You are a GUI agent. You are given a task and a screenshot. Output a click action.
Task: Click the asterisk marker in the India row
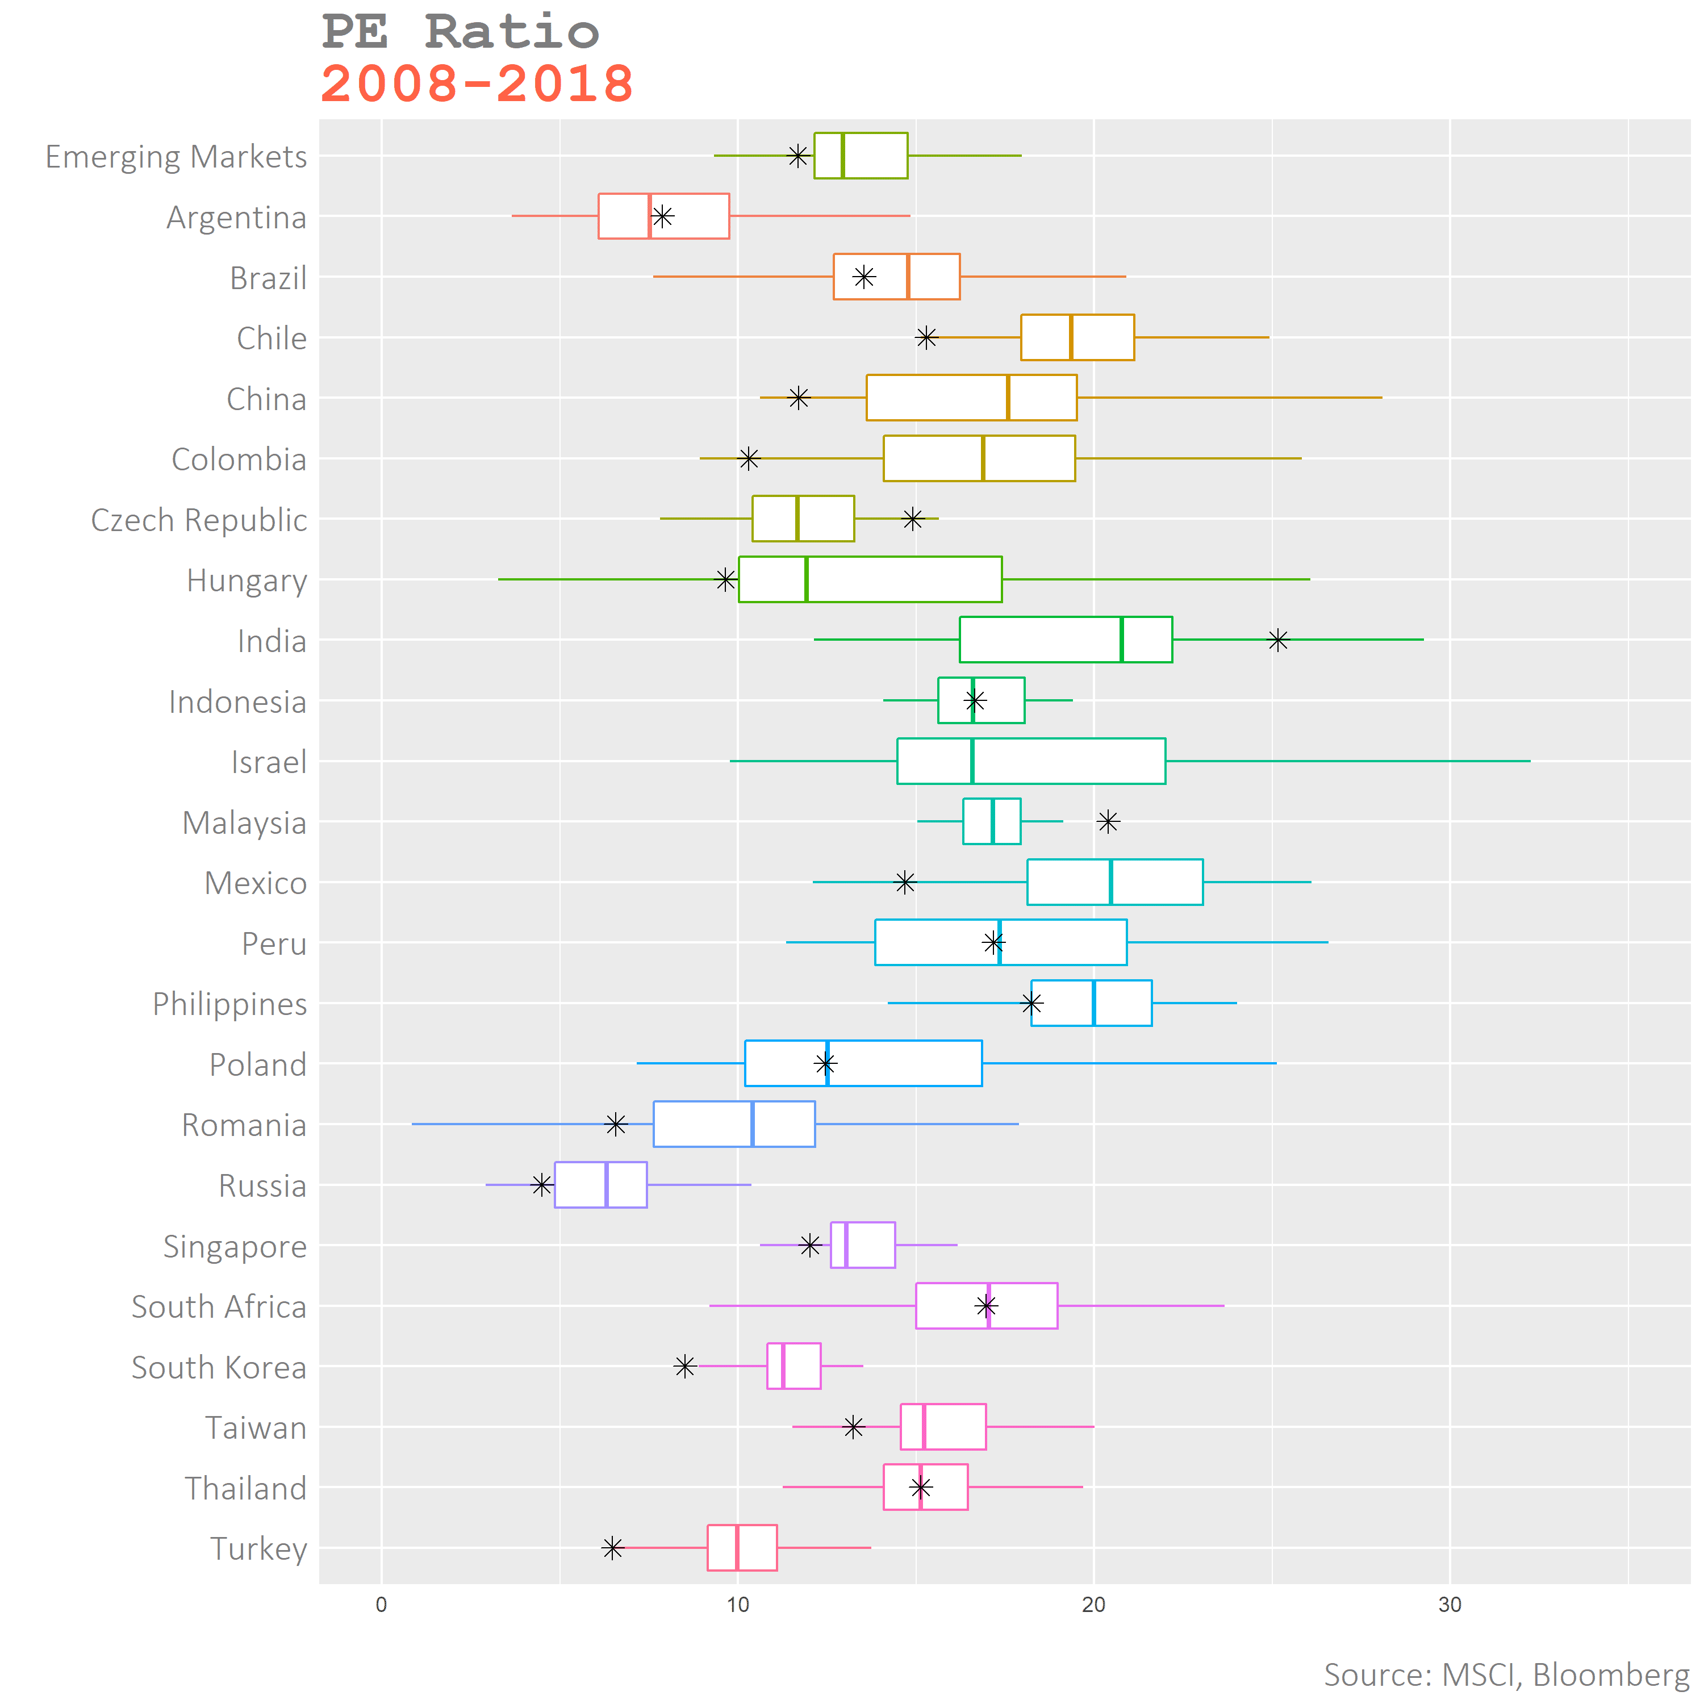(x=1278, y=640)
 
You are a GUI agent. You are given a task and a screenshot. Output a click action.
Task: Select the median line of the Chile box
(x=1071, y=337)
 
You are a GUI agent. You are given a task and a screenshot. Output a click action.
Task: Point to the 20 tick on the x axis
(x=1093, y=1605)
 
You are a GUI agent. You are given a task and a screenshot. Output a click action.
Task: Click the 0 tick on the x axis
(x=381, y=1605)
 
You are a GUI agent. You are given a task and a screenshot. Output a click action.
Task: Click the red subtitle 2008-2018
(x=477, y=85)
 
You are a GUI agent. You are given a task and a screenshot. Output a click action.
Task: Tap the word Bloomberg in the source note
(x=1610, y=1674)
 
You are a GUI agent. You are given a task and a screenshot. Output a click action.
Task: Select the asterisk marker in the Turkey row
(x=613, y=1548)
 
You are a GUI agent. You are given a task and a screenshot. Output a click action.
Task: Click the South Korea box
(x=794, y=1366)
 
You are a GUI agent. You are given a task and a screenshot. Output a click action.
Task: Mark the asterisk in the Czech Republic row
(x=913, y=519)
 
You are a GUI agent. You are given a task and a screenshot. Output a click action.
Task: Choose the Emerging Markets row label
(x=177, y=157)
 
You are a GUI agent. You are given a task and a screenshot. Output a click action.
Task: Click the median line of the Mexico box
(x=1110, y=882)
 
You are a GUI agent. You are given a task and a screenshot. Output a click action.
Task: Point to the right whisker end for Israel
(x=1530, y=761)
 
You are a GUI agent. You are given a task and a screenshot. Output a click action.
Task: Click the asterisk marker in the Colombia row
(x=749, y=458)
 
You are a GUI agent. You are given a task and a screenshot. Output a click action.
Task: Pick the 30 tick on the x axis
(x=1450, y=1605)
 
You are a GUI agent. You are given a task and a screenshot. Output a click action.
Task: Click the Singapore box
(x=863, y=1244)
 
